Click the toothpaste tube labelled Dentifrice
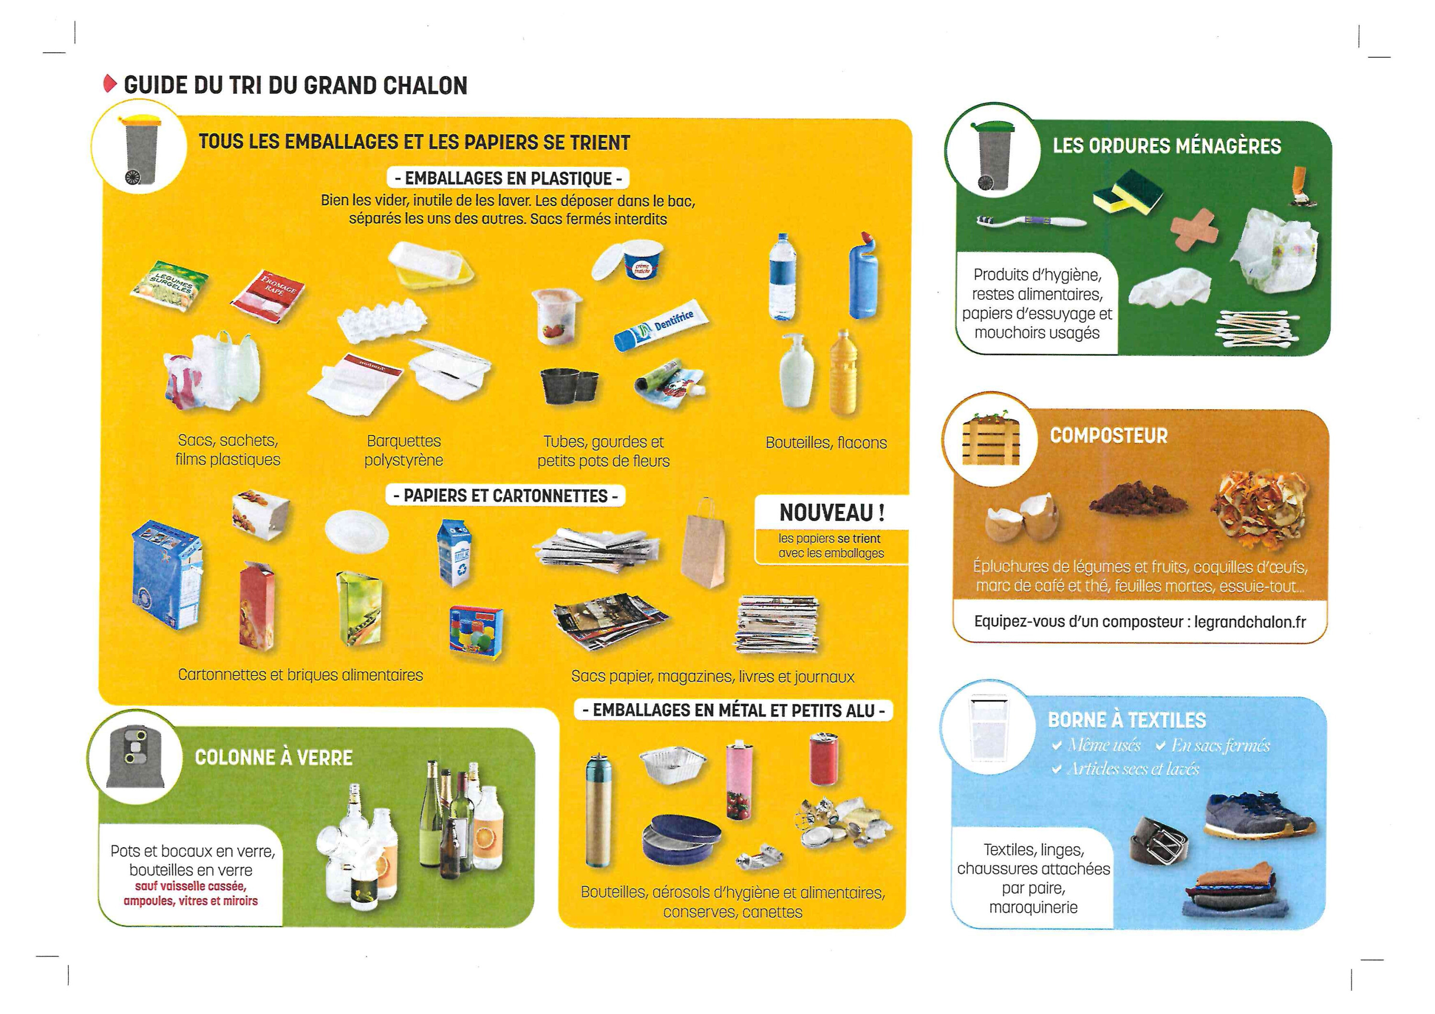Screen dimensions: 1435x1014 [x=662, y=326]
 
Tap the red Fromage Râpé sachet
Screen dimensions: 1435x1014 [x=267, y=295]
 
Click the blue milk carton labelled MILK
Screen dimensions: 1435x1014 [x=455, y=554]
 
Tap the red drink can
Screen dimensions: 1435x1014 [x=824, y=759]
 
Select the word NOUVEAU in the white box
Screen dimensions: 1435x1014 [x=826, y=513]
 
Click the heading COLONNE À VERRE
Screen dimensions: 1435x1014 [x=274, y=758]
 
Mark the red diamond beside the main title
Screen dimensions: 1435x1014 [x=110, y=84]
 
